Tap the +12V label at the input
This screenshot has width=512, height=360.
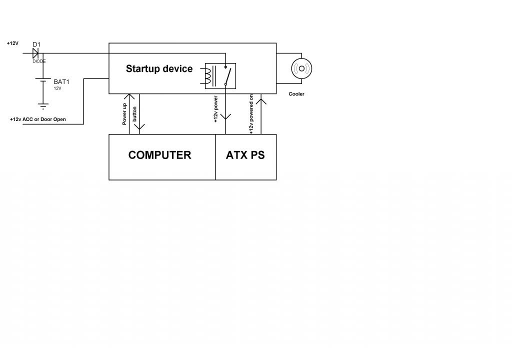12,43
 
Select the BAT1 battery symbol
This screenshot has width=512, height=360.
43,81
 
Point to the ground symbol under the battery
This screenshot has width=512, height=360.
43,105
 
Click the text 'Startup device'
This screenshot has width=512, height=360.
159,69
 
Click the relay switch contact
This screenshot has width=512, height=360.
228,75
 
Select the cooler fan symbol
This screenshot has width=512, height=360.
301,68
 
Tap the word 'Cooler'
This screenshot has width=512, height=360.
296,94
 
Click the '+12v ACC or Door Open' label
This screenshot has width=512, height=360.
37,119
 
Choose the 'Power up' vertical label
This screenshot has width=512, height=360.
124,114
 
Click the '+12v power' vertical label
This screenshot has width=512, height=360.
215,110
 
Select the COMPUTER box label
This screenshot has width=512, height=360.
159,155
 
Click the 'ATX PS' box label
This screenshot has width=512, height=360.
245,155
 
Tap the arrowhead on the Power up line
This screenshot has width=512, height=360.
129,96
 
